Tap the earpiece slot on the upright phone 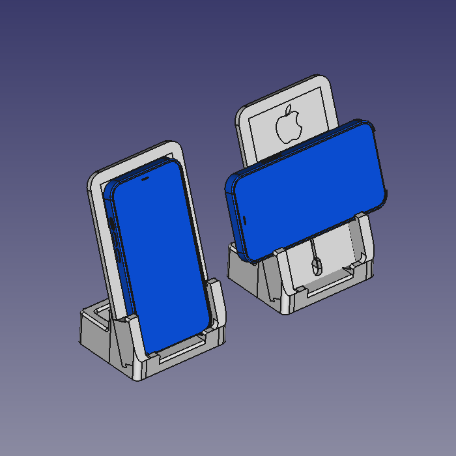point(144,177)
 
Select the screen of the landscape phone point(306,189)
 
